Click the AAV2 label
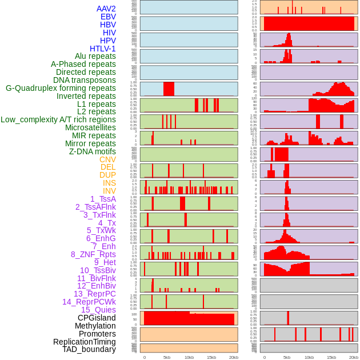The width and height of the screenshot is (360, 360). [106, 9]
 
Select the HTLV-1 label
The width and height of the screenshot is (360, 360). [102, 49]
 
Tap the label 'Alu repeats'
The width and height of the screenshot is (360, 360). [95, 56]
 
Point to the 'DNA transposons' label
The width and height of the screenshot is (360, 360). [85, 80]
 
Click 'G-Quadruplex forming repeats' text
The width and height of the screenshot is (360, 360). [61, 88]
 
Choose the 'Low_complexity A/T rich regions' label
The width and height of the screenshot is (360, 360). [58, 119]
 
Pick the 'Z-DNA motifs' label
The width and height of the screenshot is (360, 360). [93, 151]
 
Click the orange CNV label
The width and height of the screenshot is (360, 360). [107, 159]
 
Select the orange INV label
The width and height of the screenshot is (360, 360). [109, 191]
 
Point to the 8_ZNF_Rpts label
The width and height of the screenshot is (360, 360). [93, 254]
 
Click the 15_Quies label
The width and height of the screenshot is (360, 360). [98, 310]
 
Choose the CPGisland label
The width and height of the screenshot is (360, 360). [97, 318]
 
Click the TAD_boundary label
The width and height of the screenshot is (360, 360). [89, 349]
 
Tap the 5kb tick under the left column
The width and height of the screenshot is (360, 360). [167, 357]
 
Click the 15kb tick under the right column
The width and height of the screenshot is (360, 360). [331, 357]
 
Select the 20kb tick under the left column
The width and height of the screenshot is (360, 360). [234, 357]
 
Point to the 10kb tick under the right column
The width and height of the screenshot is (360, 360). [309, 357]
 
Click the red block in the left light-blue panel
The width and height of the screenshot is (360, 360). [169, 89]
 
